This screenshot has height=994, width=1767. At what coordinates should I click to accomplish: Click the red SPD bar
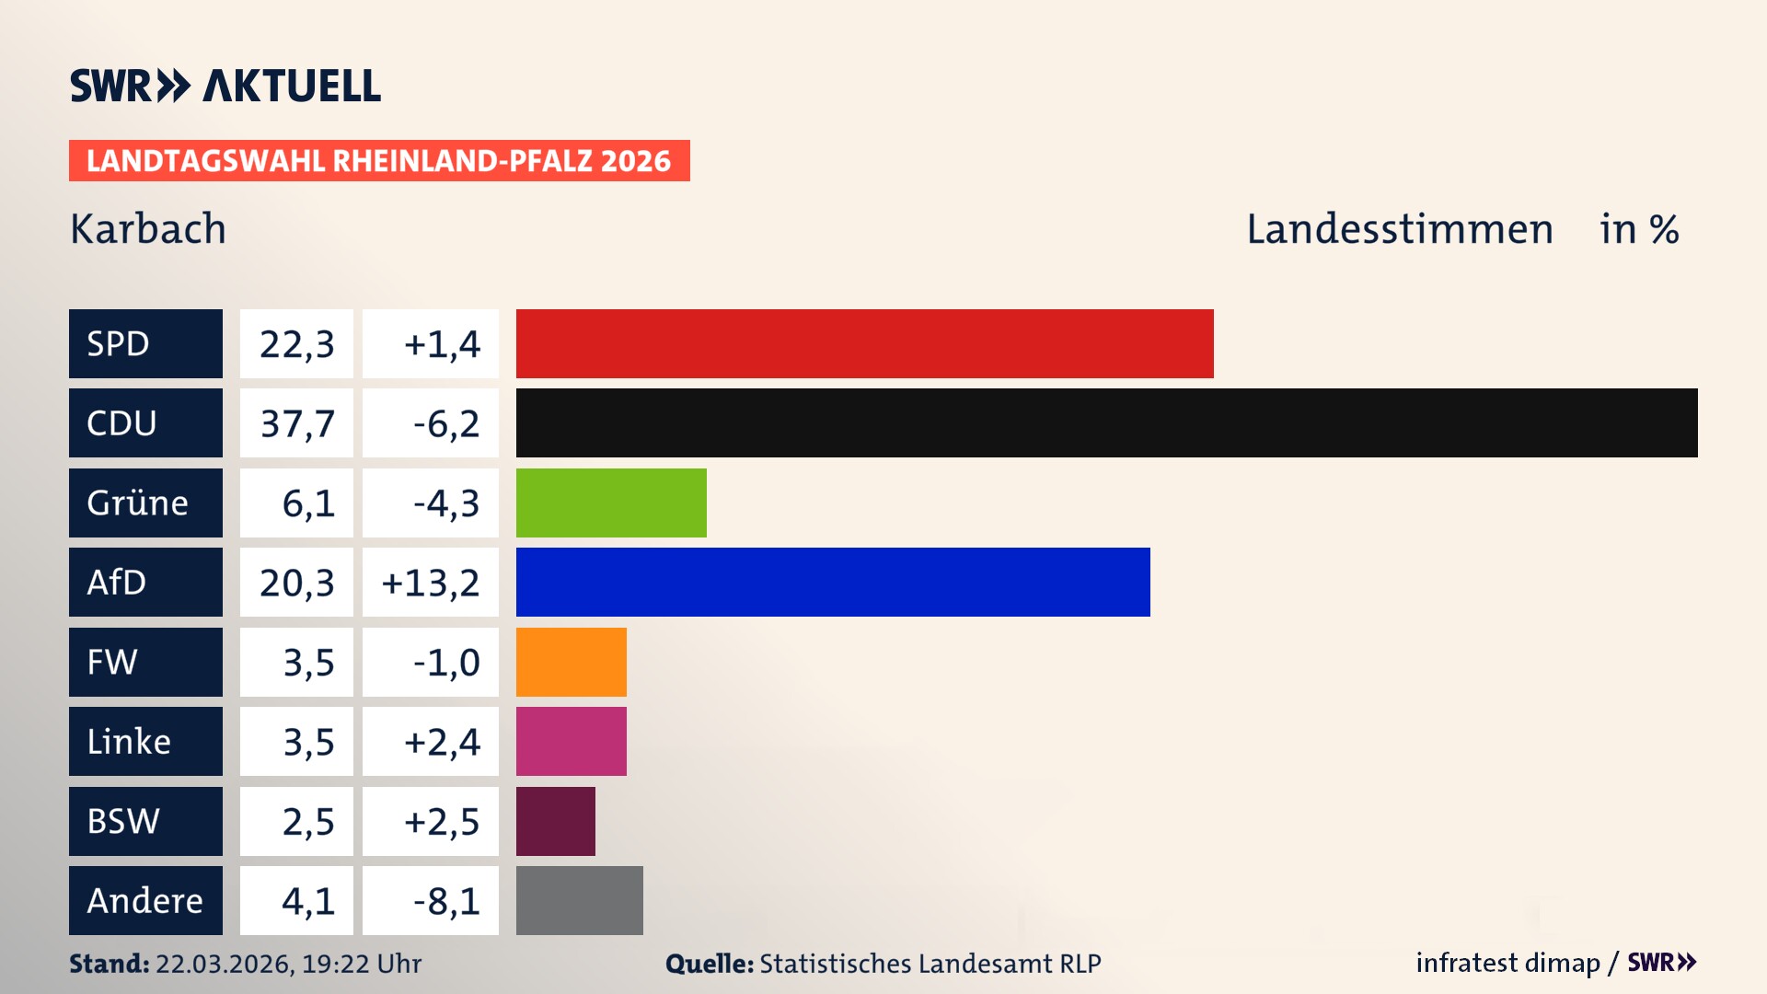(864, 343)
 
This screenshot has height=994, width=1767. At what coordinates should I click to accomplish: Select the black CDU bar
(1106, 423)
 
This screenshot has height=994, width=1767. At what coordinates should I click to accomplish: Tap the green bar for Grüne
(611, 503)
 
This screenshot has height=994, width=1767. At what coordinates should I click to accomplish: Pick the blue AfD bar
(833, 582)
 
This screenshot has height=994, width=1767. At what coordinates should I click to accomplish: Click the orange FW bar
(571, 662)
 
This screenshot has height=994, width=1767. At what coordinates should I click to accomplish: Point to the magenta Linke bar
(571, 741)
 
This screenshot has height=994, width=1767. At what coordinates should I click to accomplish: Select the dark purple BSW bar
(555, 821)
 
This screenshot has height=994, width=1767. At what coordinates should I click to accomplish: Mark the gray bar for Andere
(579, 900)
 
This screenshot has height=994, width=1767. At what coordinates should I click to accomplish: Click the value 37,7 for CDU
(296, 423)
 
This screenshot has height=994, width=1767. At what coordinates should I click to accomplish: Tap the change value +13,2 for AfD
(431, 583)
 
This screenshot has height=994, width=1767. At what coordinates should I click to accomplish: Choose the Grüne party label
(138, 503)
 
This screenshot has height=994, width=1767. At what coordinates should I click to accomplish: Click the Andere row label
(144, 900)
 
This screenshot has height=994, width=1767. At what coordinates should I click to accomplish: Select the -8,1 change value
(446, 901)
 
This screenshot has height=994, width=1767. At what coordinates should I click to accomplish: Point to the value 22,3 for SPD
(296, 344)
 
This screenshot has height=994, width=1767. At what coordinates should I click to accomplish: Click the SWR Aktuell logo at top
(225, 86)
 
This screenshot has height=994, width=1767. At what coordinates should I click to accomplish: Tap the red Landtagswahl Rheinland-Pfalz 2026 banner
(378, 161)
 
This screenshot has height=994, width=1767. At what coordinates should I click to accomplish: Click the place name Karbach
(148, 228)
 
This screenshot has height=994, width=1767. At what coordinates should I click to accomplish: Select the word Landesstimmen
(1399, 228)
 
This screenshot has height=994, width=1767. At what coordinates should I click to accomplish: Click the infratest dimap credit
(1507, 963)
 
